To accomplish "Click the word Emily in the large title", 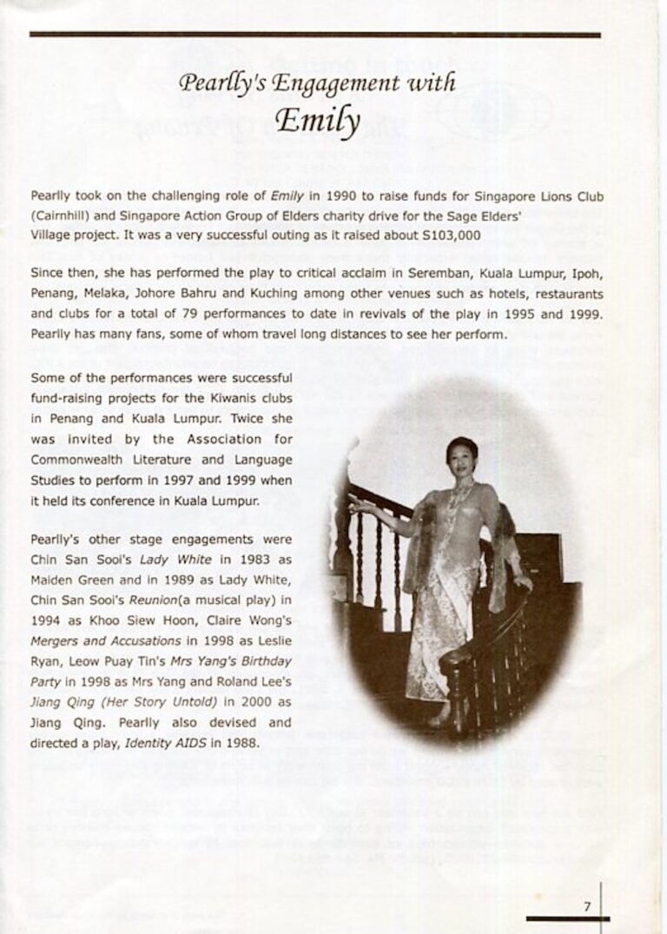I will pyautogui.click(x=318, y=123).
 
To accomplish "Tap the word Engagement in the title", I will pyautogui.click(x=331, y=83).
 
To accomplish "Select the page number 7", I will pyautogui.click(x=587, y=906).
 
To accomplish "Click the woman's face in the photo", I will pyautogui.click(x=460, y=455).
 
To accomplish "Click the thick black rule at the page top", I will pyautogui.click(x=314, y=35).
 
